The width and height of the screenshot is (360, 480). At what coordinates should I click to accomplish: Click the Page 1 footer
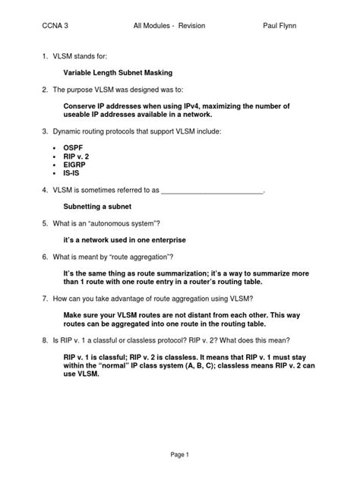coord(180,453)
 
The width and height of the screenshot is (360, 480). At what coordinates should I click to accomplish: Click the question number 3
coord(46,131)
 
